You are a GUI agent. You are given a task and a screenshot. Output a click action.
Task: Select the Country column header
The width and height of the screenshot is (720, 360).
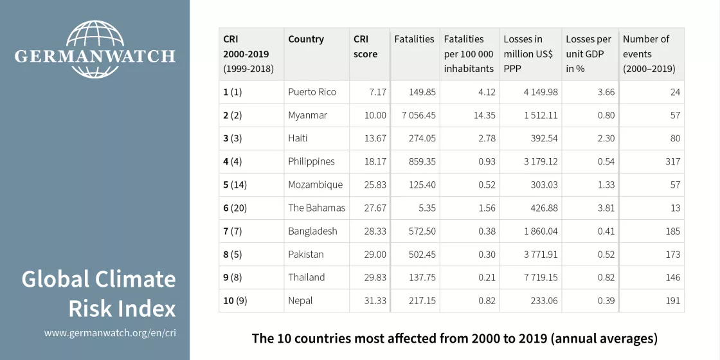pyautogui.click(x=306, y=39)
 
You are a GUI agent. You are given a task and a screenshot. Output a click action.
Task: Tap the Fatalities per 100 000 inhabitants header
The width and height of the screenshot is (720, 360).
pyautogui.click(x=469, y=54)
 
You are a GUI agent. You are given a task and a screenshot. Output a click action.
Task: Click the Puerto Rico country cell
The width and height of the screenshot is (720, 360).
pyautogui.click(x=312, y=92)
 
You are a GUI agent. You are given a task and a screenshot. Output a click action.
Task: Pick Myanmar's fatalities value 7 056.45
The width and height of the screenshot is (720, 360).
pyautogui.click(x=415, y=115)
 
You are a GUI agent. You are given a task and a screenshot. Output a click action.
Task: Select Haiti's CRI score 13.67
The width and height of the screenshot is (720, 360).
pyautogui.click(x=374, y=138)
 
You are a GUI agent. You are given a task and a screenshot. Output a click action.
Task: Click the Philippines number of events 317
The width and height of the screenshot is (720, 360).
pyautogui.click(x=672, y=161)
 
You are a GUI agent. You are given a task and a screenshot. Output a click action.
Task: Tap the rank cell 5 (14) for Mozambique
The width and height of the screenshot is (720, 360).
pyautogui.click(x=235, y=184)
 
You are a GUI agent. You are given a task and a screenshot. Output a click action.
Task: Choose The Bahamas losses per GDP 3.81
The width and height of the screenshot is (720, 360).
pyautogui.click(x=606, y=208)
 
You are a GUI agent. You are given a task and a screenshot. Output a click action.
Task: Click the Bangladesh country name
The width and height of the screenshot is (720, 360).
pyautogui.click(x=312, y=231)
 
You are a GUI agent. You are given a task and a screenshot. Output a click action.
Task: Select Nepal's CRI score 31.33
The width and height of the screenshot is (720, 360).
pyautogui.click(x=374, y=300)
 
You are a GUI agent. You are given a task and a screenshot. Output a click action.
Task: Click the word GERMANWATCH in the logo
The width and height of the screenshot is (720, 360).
pyautogui.click(x=94, y=57)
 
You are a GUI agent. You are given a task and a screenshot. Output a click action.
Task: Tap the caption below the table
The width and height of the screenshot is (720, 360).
pyautogui.click(x=455, y=337)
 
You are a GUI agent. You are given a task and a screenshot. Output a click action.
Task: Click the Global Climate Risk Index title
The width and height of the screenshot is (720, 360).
pyautogui.click(x=98, y=294)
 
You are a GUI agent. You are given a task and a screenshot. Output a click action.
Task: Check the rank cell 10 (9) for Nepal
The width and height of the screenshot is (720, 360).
pyautogui.click(x=237, y=300)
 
